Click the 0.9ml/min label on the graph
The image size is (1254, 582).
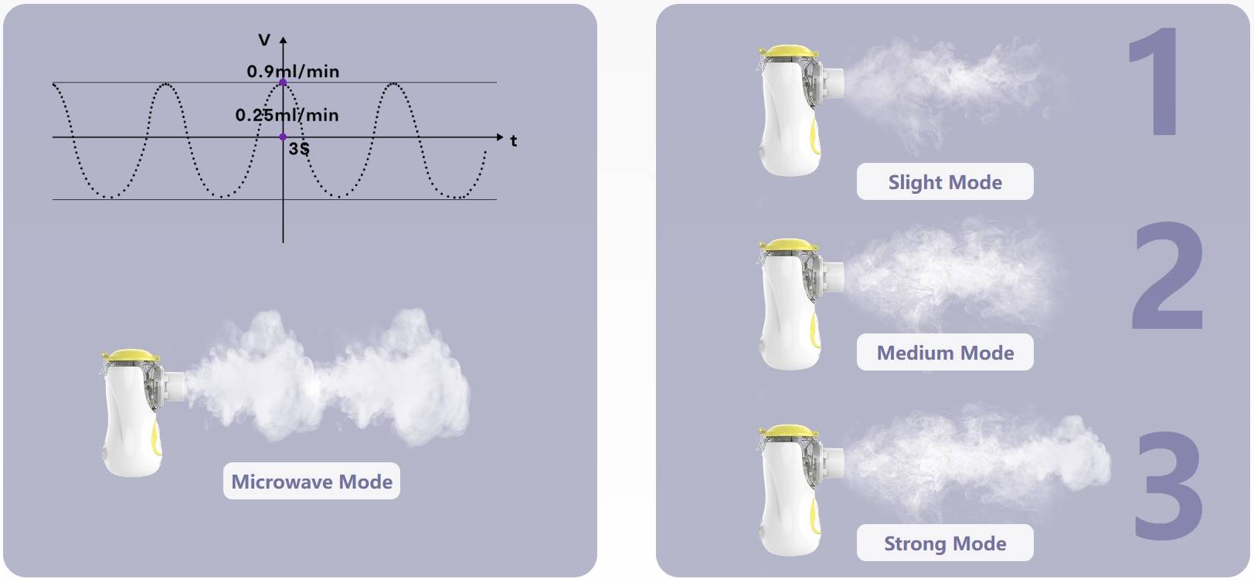pos(293,72)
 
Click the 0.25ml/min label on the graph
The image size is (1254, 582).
pos(287,115)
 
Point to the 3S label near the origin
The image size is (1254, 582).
pos(299,148)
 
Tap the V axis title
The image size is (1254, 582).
pos(265,40)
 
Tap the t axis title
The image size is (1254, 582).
pos(513,141)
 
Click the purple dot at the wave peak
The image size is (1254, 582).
pos(283,83)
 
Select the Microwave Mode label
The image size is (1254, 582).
pos(311,482)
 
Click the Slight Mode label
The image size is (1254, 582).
pos(944,182)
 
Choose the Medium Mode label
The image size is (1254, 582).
pos(944,353)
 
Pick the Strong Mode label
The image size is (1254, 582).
pos(944,543)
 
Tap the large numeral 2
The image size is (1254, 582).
pos(1167,276)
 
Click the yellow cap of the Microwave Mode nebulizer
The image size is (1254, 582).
pos(132,356)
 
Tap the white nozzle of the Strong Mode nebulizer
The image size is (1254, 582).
pos(833,461)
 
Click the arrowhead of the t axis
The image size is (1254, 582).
pos(500,137)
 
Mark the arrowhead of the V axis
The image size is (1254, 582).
pos(284,39)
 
